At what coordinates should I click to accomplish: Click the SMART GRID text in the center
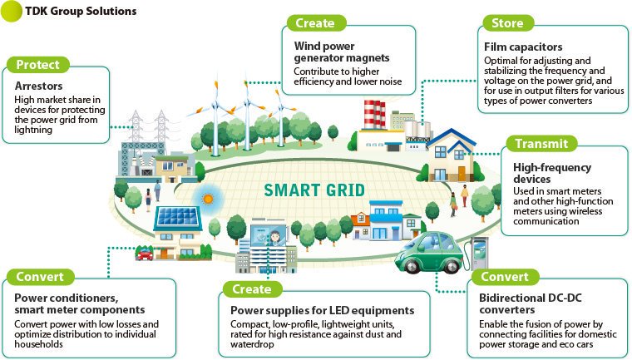click(x=314, y=190)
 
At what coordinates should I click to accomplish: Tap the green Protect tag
click(x=38, y=65)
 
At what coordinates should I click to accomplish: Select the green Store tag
click(x=507, y=23)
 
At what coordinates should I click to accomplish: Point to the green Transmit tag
click(x=541, y=144)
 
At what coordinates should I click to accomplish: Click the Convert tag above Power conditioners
click(x=40, y=277)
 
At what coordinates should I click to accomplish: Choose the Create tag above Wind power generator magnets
click(x=315, y=23)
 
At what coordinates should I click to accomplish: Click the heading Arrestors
click(x=39, y=86)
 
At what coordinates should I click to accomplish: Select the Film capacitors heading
click(x=523, y=47)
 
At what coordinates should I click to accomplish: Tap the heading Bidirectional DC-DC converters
click(x=531, y=303)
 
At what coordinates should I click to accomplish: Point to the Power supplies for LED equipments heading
click(x=322, y=310)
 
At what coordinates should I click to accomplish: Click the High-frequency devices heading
click(x=552, y=173)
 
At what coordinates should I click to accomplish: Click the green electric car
click(x=430, y=252)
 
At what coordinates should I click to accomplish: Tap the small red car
click(x=145, y=254)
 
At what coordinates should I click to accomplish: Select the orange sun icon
click(x=208, y=199)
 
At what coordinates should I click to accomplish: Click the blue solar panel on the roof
click(x=177, y=216)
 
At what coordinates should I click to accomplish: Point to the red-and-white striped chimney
click(x=374, y=115)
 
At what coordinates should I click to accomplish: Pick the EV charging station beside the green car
click(x=478, y=254)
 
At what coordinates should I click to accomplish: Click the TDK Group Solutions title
click(x=81, y=12)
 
